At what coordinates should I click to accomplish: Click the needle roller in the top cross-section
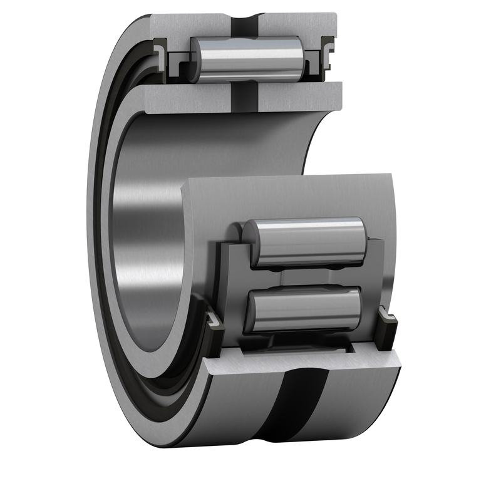pos(247,59)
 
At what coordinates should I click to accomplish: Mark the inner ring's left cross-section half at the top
pos(182,100)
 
